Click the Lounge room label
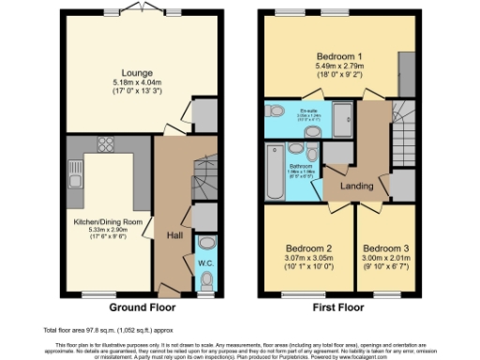click(x=130, y=71)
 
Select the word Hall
click(x=174, y=234)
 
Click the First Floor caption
click(x=339, y=307)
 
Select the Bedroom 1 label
click(x=339, y=57)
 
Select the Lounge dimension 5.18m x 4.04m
click(x=130, y=82)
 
